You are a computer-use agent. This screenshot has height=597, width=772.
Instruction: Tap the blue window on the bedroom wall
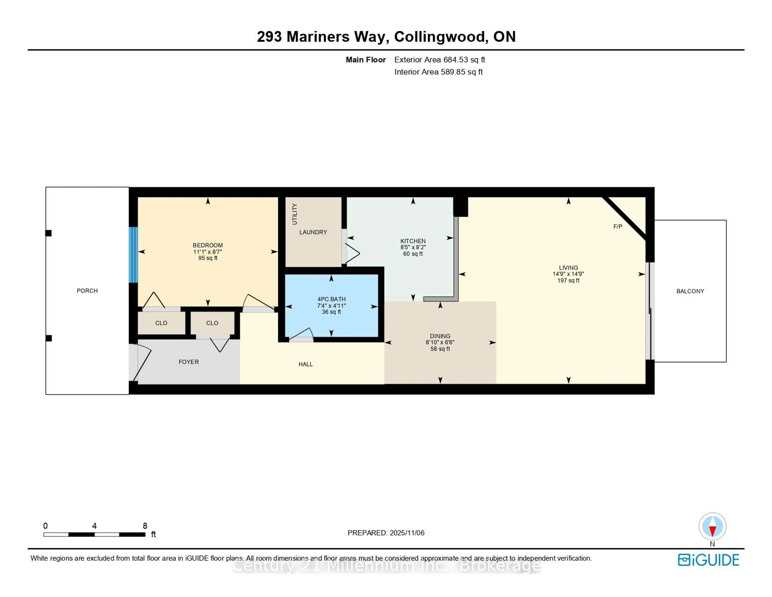click(x=133, y=255)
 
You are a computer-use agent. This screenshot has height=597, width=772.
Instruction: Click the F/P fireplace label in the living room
click(x=618, y=227)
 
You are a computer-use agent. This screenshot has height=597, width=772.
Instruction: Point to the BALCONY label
click(x=690, y=291)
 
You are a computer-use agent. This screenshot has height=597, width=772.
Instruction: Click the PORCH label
click(x=87, y=291)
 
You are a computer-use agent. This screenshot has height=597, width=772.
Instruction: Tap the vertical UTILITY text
click(x=295, y=214)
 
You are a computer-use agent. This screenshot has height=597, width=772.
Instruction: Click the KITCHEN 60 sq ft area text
click(x=413, y=254)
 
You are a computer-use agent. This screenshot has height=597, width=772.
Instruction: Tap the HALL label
click(x=305, y=364)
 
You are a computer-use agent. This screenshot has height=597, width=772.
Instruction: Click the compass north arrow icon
click(x=712, y=526)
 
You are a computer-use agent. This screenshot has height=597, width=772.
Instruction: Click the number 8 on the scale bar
click(x=145, y=526)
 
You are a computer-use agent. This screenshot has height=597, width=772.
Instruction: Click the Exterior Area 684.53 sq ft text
click(x=439, y=60)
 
